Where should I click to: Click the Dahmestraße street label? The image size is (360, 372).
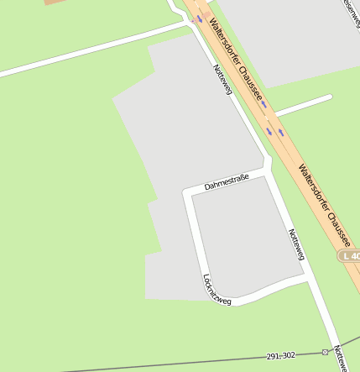coord(227,181)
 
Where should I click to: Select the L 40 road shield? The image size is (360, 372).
coord(350,254)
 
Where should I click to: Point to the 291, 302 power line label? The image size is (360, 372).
coord(281,356)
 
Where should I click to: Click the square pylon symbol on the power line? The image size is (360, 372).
coord(325,352)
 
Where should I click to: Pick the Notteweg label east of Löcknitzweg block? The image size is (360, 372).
coord(296,244)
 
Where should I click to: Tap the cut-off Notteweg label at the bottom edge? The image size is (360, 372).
coord(340,359)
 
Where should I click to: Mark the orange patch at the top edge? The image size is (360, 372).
coord(55,3)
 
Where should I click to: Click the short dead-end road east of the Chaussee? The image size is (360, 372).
coord(303,105)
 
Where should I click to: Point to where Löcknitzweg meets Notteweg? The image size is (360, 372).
coord(308,278)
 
